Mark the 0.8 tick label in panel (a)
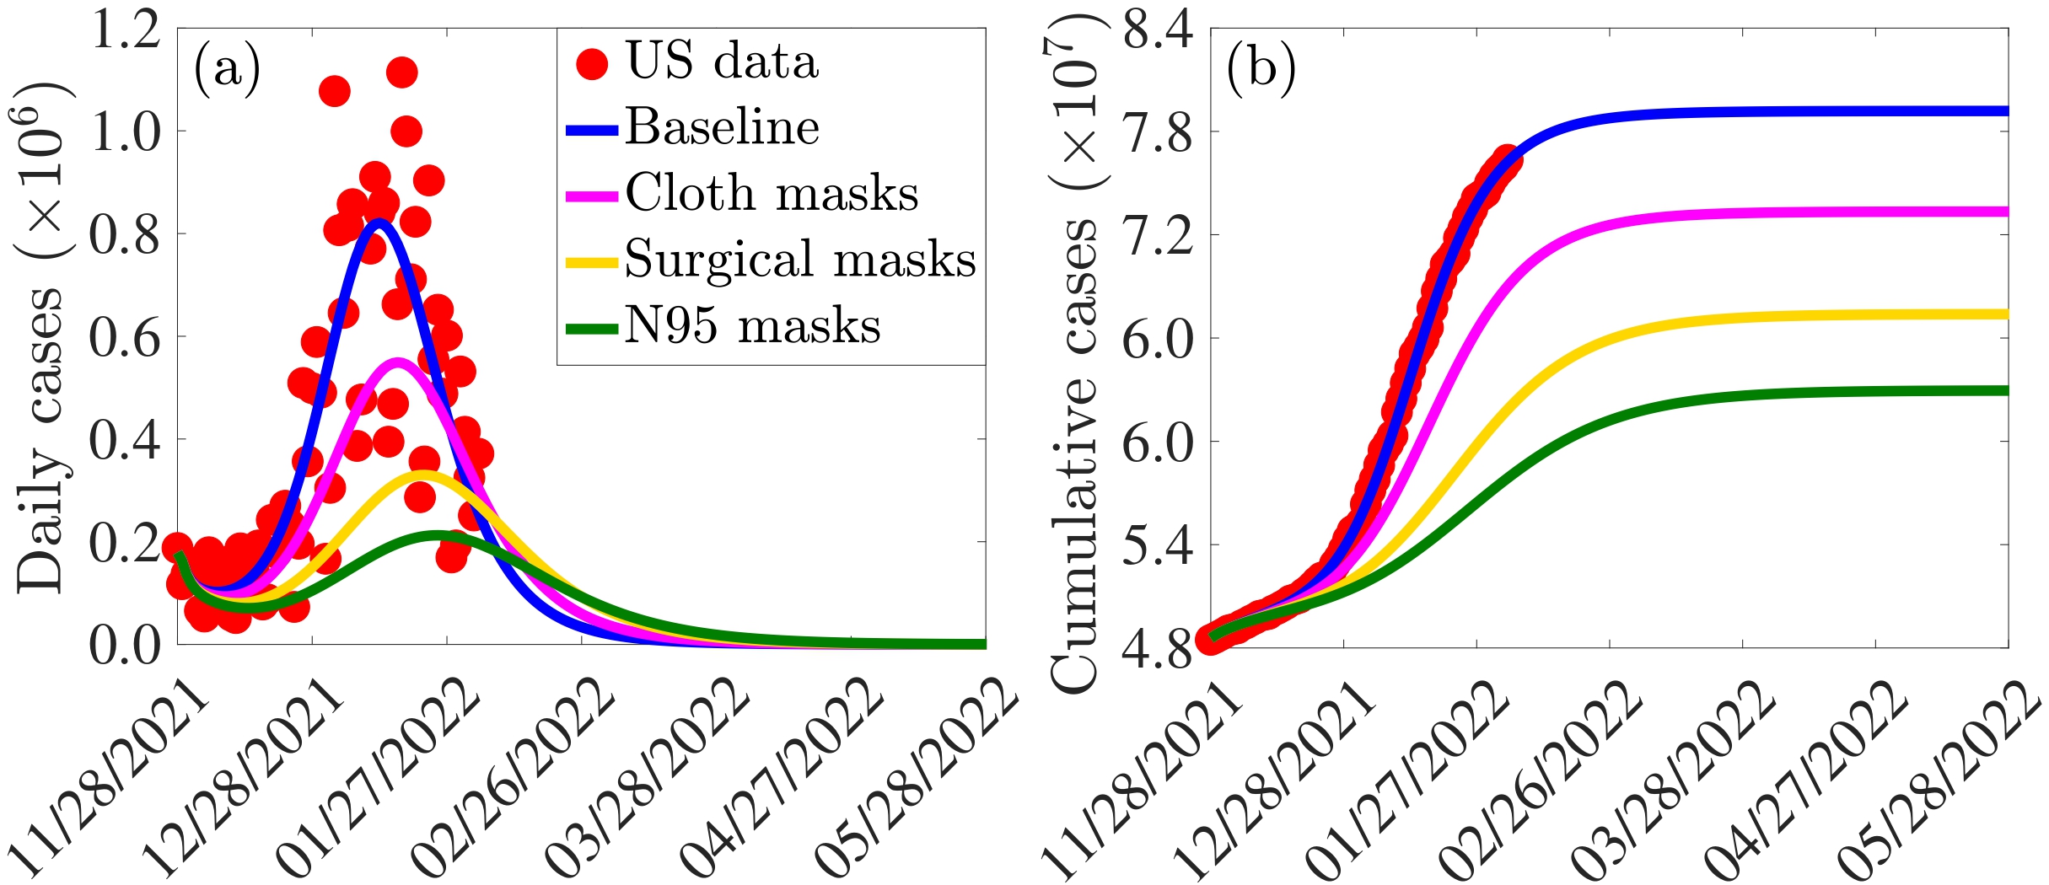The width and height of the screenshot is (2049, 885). [x=126, y=235]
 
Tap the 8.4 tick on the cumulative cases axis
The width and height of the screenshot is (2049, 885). [x=1158, y=32]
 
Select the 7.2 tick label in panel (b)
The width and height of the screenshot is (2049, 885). [x=1158, y=236]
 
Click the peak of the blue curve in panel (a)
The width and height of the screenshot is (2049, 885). [x=379, y=223]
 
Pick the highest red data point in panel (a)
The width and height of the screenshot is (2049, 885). [x=402, y=72]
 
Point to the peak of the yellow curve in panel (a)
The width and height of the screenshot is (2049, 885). [x=422, y=475]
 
